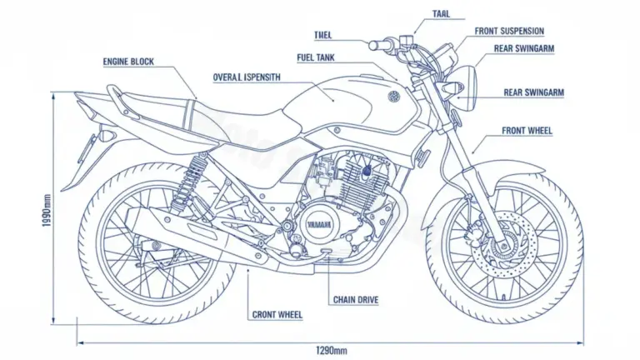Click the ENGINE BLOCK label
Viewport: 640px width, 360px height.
click(x=128, y=62)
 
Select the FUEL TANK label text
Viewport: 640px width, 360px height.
click(x=316, y=57)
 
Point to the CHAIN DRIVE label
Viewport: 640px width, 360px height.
click(x=357, y=299)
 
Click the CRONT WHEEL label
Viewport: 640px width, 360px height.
click(x=277, y=315)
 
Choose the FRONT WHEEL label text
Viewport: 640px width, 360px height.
click(x=527, y=131)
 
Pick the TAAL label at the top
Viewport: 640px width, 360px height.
click(x=442, y=13)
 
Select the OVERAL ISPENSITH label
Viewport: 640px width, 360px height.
click(x=247, y=77)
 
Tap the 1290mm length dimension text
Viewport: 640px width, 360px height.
click(x=331, y=348)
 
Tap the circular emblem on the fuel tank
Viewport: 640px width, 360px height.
click(x=392, y=97)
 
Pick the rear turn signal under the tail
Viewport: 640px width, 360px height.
click(x=107, y=133)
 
